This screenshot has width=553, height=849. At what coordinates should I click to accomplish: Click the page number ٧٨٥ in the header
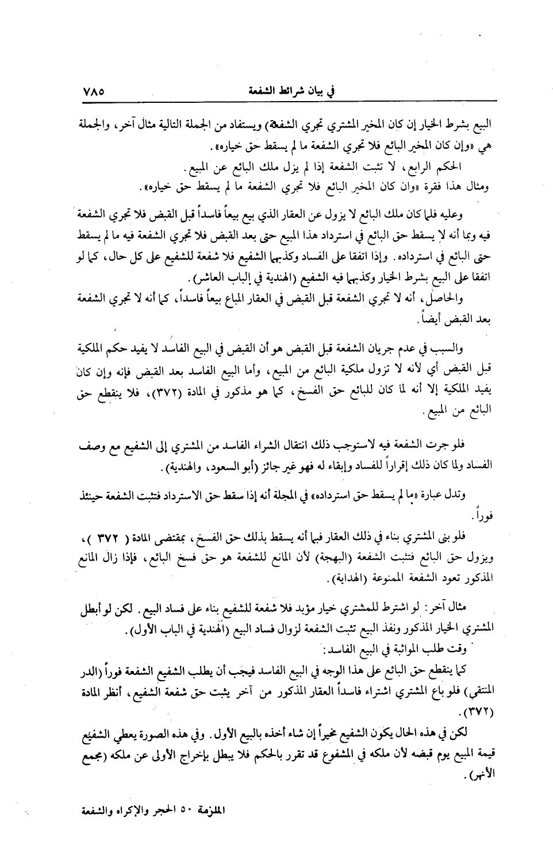point(97,92)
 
